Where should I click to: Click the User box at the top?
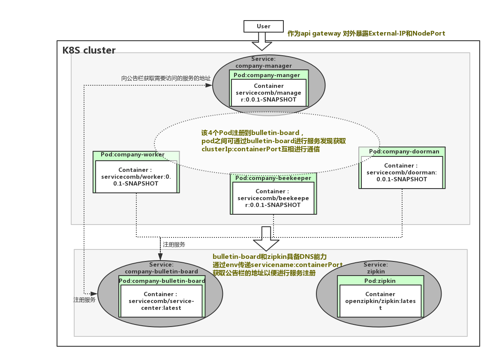[263, 26]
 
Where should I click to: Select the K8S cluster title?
[89, 51]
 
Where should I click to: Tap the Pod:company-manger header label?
[267, 75]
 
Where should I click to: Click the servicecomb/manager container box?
[269, 93]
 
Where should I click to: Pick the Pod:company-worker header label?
[132, 155]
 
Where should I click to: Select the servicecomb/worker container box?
[135, 177]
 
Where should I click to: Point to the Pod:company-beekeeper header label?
[273, 178]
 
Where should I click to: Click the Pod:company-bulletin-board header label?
[162, 281]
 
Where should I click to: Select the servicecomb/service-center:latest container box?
[161, 301]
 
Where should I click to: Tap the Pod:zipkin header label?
[380, 281]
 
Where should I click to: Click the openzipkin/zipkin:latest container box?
[380, 301]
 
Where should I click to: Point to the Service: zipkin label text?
[376, 268]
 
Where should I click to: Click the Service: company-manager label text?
[263, 62]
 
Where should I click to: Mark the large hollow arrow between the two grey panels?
[266, 239]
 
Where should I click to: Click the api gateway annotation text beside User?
[366, 33]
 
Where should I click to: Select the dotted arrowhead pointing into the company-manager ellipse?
[209, 85]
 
